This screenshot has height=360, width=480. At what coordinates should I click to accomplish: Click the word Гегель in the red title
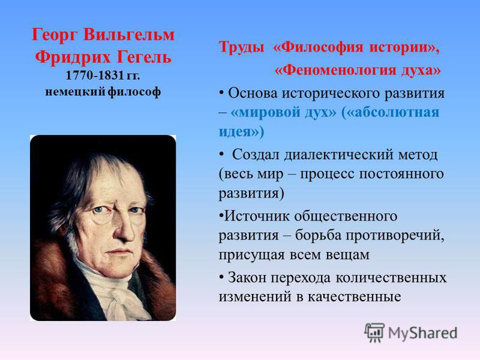(145, 57)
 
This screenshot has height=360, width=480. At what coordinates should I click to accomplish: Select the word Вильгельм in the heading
(128, 34)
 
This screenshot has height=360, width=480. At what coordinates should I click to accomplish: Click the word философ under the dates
(134, 92)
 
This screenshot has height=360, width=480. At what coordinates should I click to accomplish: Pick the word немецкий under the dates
(76, 92)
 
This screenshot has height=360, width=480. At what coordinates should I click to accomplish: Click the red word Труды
(242, 48)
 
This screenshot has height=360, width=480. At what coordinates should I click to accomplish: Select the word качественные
(354, 297)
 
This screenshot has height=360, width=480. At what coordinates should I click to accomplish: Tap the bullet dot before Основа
(221, 93)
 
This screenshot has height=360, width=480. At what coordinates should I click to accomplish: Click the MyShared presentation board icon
(374, 332)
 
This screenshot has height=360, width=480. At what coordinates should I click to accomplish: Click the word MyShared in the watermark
(423, 334)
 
